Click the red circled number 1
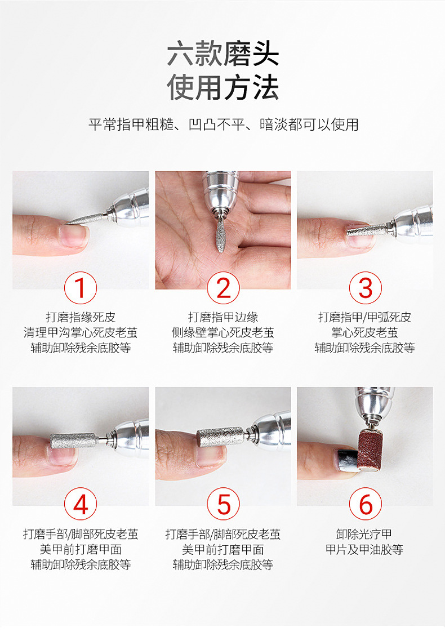click(81, 288)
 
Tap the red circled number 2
click(223, 288)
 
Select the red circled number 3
click(365, 288)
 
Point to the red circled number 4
click(81, 504)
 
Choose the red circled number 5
click(223, 504)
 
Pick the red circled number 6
click(365, 504)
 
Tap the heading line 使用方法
click(223, 87)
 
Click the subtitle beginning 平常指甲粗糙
click(223, 124)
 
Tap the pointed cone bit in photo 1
click(86, 219)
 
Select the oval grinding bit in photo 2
click(220, 235)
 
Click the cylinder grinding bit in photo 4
click(74, 440)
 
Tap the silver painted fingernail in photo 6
click(346, 460)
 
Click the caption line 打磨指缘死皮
click(81, 317)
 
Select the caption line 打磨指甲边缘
click(223, 317)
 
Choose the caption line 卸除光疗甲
click(364, 534)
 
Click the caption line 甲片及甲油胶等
click(364, 549)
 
